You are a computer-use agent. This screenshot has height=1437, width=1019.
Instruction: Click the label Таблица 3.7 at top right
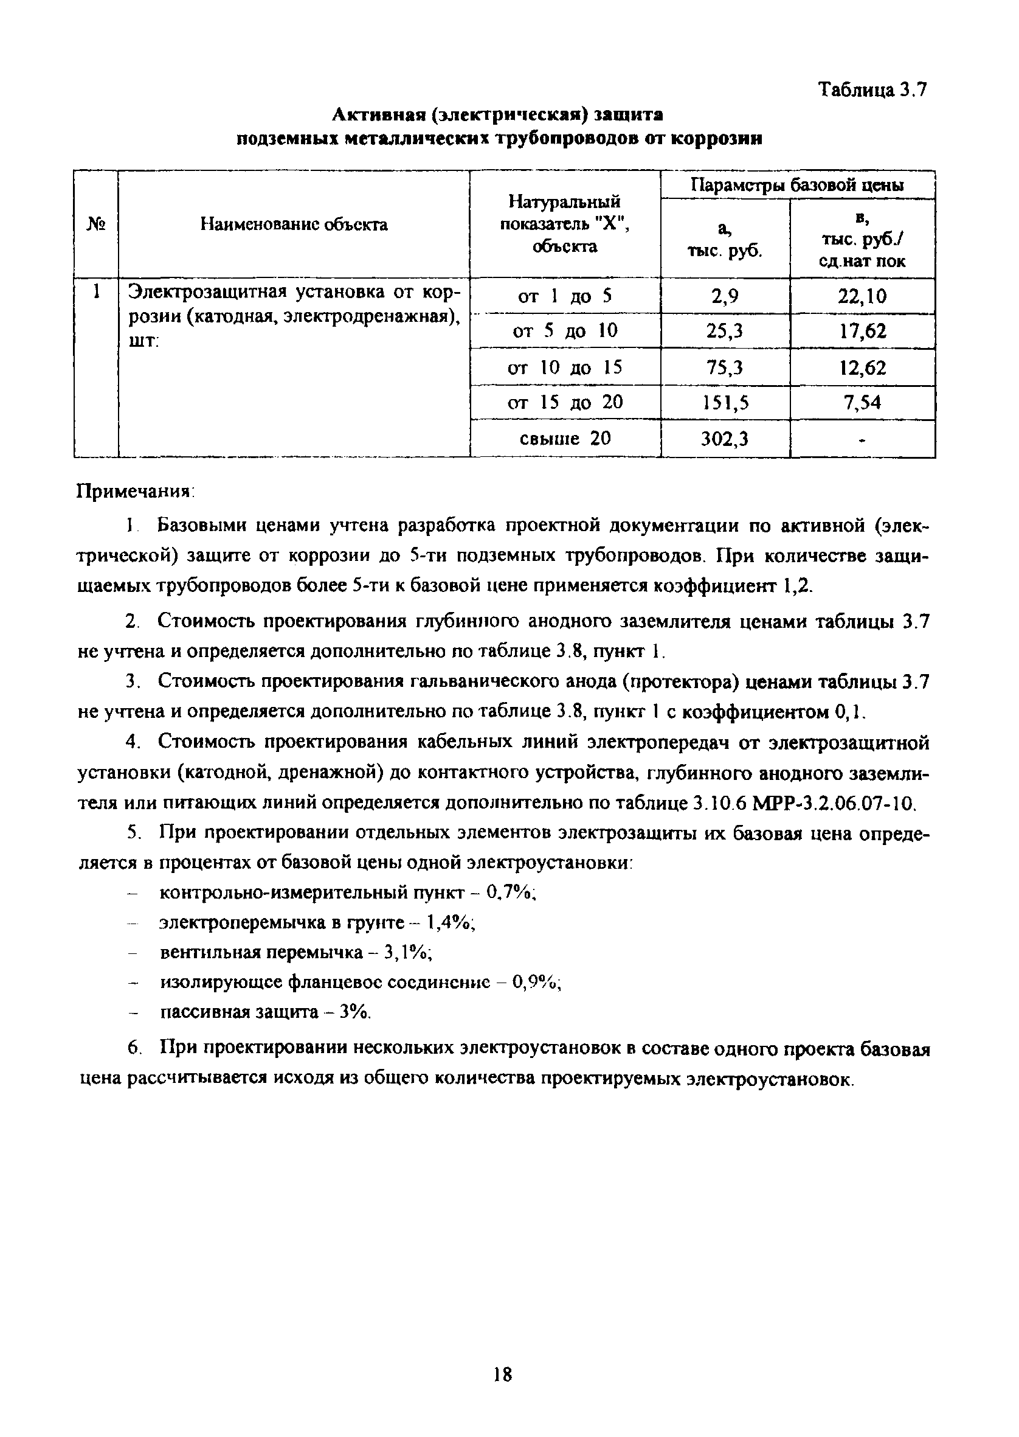tap(872, 91)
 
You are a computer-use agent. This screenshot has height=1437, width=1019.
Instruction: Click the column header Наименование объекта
tap(294, 224)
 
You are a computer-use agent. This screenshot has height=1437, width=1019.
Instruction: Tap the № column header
tap(95, 224)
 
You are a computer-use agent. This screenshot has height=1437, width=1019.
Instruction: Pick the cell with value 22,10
tap(862, 296)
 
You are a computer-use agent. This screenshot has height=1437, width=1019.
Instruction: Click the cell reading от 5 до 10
tap(565, 331)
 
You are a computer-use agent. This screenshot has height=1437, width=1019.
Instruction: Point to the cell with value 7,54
tap(862, 402)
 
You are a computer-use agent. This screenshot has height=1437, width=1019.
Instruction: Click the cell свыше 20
tap(565, 438)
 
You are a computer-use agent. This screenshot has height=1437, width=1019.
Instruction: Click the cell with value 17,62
tap(862, 331)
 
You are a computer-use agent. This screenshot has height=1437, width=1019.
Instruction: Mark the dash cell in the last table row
tap(862, 439)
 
